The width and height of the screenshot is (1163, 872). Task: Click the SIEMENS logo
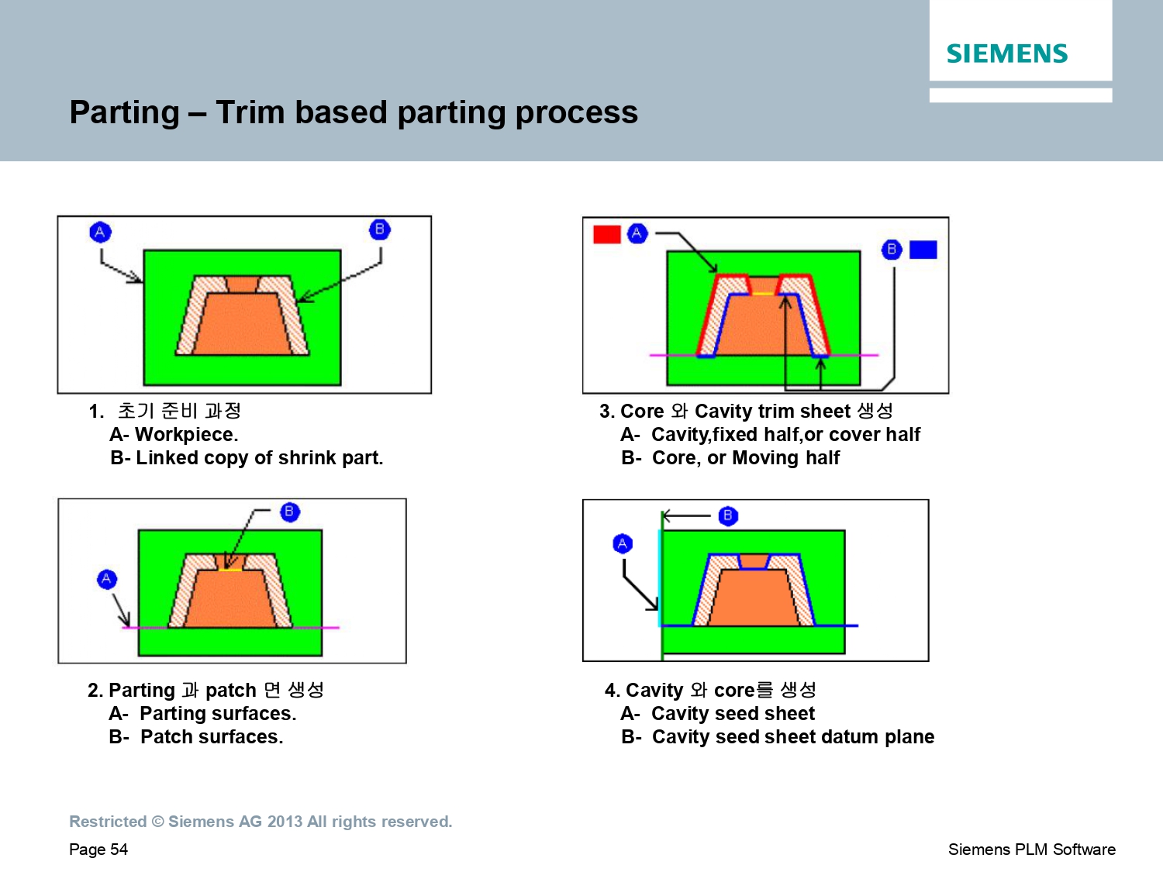[x=1006, y=54]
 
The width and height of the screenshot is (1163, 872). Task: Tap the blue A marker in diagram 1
[x=100, y=232]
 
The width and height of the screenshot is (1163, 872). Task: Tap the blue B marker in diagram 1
[x=379, y=229]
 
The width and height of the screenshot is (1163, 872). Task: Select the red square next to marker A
[x=606, y=234]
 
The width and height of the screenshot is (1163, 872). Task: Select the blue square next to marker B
[x=923, y=250]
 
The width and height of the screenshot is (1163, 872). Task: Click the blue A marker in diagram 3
[x=637, y=233]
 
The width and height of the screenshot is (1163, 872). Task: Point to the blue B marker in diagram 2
[x=290, y=512]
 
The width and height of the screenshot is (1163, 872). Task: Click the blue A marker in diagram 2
[x=106, y=579]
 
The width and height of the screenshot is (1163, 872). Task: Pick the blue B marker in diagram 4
[x=728, y=515]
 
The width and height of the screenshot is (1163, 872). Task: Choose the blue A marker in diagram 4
[x=623, y=543]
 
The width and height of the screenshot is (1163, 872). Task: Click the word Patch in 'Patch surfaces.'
[x=167, y=737]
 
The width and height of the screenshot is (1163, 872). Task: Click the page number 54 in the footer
[x=119, y=850]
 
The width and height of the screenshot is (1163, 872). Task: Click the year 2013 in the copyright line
[x=285, y=821]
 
